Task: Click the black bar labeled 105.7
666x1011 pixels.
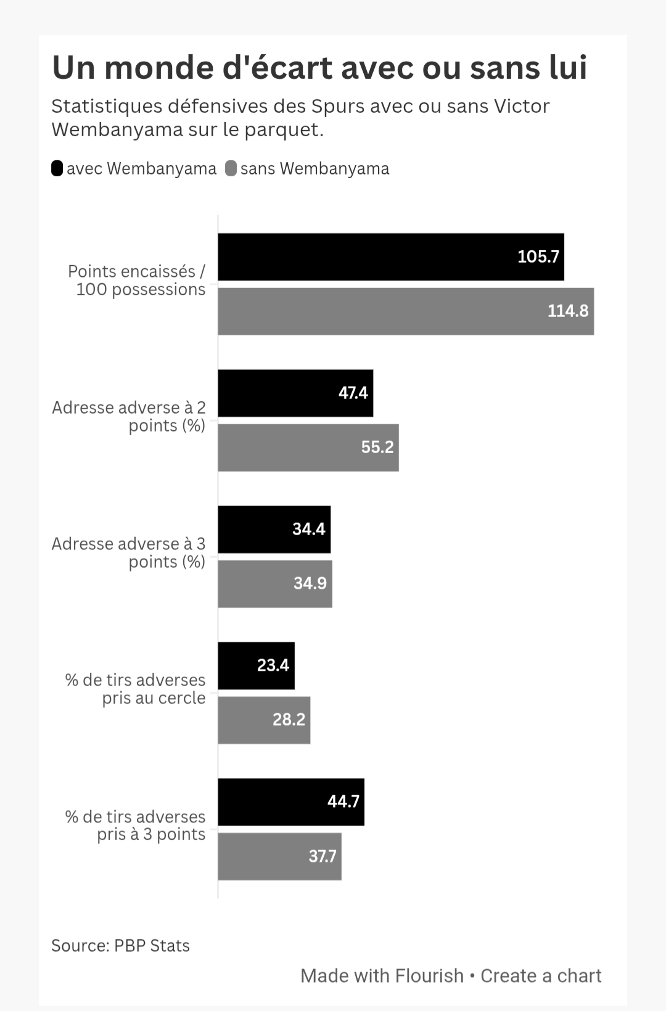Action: [x=391, y=257]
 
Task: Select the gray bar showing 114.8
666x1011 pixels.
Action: [x=406, y=311]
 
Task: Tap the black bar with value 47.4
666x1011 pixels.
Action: [x=295, y=393]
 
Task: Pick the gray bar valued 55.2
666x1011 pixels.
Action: [x=308, y=448]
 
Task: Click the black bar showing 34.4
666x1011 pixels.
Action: [x=274, y=530]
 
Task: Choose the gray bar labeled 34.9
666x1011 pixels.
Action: [x=275, y=584]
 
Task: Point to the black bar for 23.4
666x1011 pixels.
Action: [x=256, y=666]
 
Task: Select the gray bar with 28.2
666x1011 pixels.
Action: [x=264, y=720]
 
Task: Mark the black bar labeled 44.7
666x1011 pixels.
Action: [x=291, y=802]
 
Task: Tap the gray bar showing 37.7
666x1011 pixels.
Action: [x=279, y=856]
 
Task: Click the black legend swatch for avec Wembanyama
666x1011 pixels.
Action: [x=57, y=168]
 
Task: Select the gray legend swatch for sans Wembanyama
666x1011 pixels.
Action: [x=231, y=168]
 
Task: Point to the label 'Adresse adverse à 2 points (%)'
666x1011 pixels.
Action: [x=129, y=417]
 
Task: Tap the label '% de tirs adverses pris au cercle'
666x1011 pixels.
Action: [x=136, y=689]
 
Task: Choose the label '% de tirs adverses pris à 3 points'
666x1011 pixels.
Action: [x=136, y=825]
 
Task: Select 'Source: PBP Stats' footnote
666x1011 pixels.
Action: [x=120, y=946]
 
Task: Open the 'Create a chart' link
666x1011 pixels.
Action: [x=540, y=976]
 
